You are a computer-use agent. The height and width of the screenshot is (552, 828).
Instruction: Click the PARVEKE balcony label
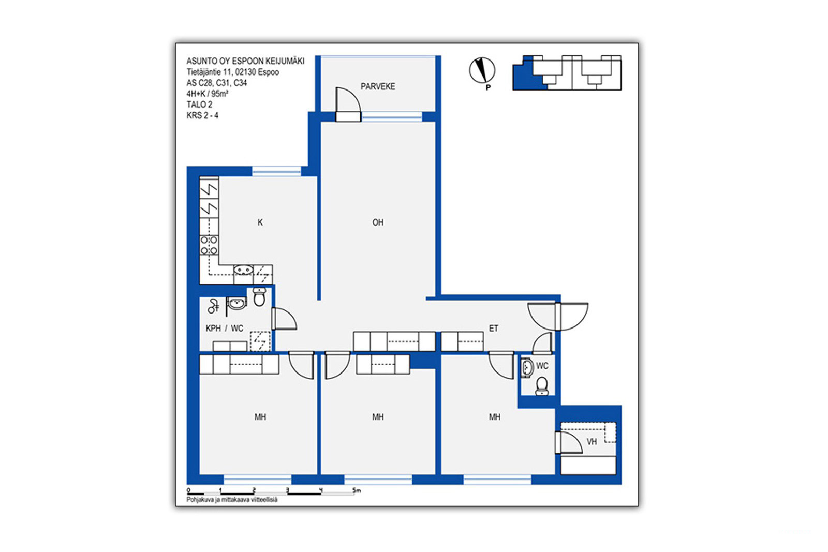pyautogui.click(x=378, y=86)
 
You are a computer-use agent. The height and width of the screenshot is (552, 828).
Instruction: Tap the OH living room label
pyautogui.click(x=378, y=222)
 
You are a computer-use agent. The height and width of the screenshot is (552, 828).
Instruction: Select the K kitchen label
pyautogui.click(x=260, y=222)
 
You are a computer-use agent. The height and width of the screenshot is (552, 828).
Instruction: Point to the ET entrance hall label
pyautogui.click(x=494, y=329)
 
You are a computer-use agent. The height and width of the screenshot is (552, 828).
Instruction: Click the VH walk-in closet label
pyautogui.click(x=592, y=442)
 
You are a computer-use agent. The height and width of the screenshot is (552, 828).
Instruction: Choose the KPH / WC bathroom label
pyautogui.click(x=225, y=329)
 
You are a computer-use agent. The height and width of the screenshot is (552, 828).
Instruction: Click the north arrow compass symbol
pyautogui.click(x=482, y=70)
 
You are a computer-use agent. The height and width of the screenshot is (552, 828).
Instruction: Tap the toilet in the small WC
pyautogui.click(x=542, y=386)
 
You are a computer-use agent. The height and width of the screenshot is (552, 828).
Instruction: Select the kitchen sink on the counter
pyautogui.click(x=244, y=270)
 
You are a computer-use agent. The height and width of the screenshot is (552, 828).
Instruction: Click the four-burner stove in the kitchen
pyautogui.click(x=209, y=246)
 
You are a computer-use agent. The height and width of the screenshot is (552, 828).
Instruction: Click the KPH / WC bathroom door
pyautogui.click(x=284, y=319)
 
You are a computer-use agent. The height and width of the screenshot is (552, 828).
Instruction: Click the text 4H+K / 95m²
pyautogui.click(x=207, y=94)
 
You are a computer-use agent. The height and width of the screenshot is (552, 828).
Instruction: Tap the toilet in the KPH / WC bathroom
pyautogui.click(x=259, y=296)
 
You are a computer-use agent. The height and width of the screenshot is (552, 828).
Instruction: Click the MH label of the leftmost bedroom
pyautogui.click(x=260, y=417)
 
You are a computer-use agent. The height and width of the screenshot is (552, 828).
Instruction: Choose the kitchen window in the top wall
pyautogui.click(x=276, y=171)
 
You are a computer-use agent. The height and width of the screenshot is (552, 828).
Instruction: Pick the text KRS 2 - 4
pyautogui.click(x=202, y=116)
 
